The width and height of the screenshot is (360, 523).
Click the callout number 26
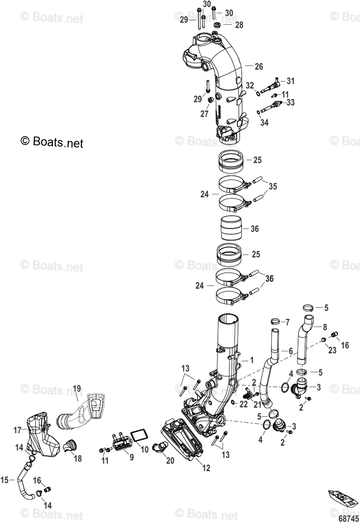[x=259, y=67]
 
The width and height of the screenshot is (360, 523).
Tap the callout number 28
[x=239, y=25]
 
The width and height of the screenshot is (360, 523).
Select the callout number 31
[x=290, y=81]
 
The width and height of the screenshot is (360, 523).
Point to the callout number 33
[x=290, y=102]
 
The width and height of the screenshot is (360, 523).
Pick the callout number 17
[x=17, y=430]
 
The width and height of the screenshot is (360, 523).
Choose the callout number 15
[x=5, y=480]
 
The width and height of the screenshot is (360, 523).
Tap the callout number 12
[x=206, y=468]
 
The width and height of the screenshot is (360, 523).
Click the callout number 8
[x=324, y=326]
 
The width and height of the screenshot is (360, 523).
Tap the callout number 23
[x=333, y=350]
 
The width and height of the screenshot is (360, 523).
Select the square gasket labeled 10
[x=139, y=435]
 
